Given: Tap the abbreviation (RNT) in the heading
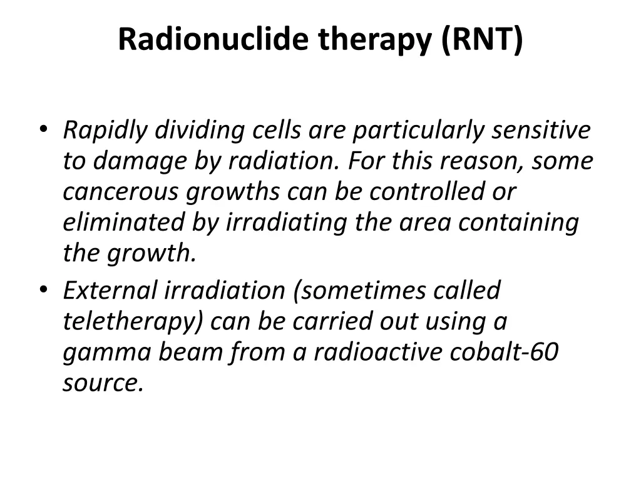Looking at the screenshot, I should [x=481, y=40].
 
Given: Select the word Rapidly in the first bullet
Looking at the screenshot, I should [x=105, y=131].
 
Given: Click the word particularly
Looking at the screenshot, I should [x=418, y=131].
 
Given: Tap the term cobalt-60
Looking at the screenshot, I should [x=504, y=352].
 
